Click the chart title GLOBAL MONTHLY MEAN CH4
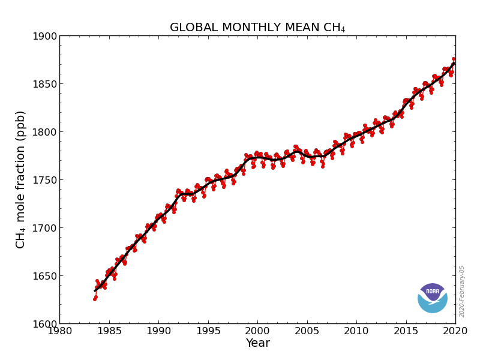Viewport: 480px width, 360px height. click(x=257, y=28)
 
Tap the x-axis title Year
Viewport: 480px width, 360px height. click(x=257, y=343)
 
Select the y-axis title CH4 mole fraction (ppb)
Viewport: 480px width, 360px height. click(x=21, y=179)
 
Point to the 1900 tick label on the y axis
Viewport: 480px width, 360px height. click(x=45, y=36)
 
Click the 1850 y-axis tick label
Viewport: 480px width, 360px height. click(x=45, y=84)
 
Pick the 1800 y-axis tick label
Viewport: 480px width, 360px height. click(x=45, y=132)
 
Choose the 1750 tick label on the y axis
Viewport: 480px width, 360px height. click(x=45, y=180)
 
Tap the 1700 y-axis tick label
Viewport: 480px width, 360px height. click(x=45, y=228)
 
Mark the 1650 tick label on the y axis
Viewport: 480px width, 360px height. click(x=45, y=276)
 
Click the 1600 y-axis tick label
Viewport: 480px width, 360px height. click(x=45, y=324)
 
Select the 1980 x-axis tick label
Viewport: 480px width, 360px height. click(x=59, y=331)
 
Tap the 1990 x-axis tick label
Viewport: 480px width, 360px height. click(x=158, y=331)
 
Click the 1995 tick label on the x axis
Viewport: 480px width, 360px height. click(x=208, y=331)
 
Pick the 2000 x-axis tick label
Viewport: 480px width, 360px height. click(x=257, y=331)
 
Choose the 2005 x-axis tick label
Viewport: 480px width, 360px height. click(x=307, y=331)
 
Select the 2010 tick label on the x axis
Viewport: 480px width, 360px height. click(x=356, y=331)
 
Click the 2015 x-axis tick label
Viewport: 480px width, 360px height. click(x=406, y=331)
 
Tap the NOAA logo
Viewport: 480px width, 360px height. click(x=433, y=298)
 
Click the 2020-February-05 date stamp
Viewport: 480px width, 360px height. click(x=462, y=291)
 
